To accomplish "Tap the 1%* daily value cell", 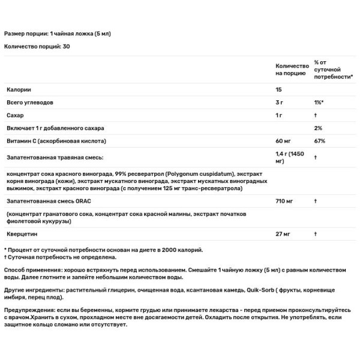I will coord(319,103).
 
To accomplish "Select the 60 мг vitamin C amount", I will coord(283,141).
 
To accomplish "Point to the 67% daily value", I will coord(319,141).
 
